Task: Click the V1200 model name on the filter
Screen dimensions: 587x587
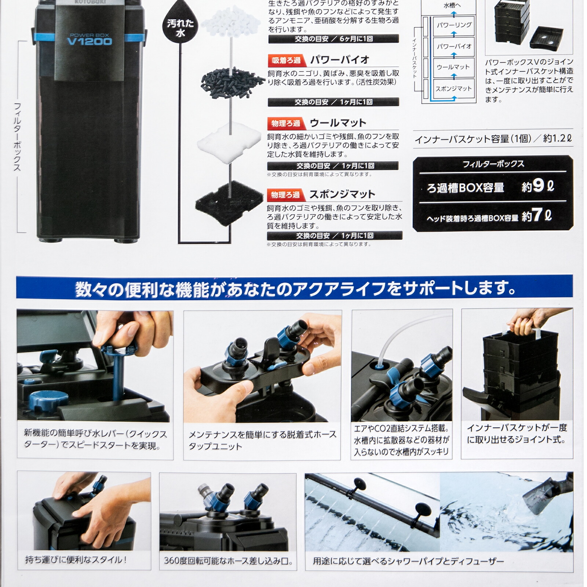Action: [x=90, y=41]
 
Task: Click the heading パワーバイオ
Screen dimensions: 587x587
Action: [x=340, y=60]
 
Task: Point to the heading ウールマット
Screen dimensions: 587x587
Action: [x=338, y=123]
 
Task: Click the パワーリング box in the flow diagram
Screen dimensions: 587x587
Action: [x=454, y=25]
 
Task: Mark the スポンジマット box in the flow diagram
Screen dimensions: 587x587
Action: [x=454, y=88]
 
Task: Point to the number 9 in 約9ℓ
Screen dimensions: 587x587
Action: [x=538, y=186]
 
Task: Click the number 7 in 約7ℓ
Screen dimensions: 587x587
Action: [x=537, y=215]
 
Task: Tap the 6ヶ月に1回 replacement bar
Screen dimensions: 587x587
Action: [x=333, y=39]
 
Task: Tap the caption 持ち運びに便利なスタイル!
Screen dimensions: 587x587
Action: [x=76, y=560]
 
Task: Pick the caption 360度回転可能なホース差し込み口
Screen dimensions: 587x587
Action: [x=228, y=561]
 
